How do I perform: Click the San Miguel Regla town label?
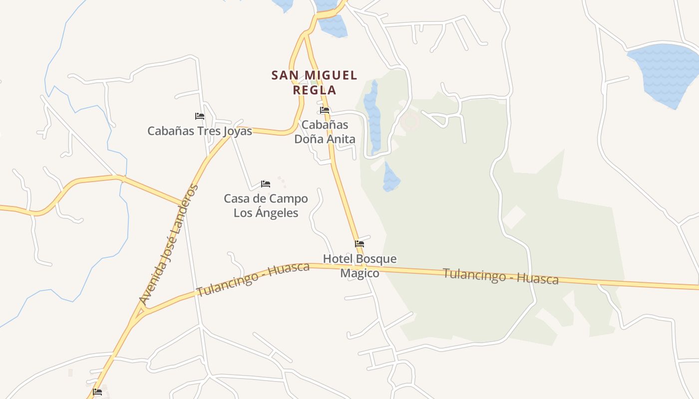(314, 82)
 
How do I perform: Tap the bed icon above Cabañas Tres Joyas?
(200, 116)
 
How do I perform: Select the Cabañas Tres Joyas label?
(200, 131)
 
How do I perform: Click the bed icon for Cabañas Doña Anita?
(325, 110)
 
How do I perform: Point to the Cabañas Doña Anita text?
(325, 132)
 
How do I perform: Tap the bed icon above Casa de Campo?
(266, 184)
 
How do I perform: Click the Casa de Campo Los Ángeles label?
(266, 205)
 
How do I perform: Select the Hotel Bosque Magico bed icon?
(359, 244)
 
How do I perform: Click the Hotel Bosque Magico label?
(359, 266)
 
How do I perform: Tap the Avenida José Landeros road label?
(169, 244)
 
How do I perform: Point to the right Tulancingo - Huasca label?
(500, 276)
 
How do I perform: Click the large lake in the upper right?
(664, 72)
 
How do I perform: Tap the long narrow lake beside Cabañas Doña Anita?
(372, 117)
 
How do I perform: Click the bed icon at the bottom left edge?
(97, 392)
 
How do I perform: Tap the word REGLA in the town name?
(314, 90)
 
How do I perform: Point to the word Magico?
(359, 273)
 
